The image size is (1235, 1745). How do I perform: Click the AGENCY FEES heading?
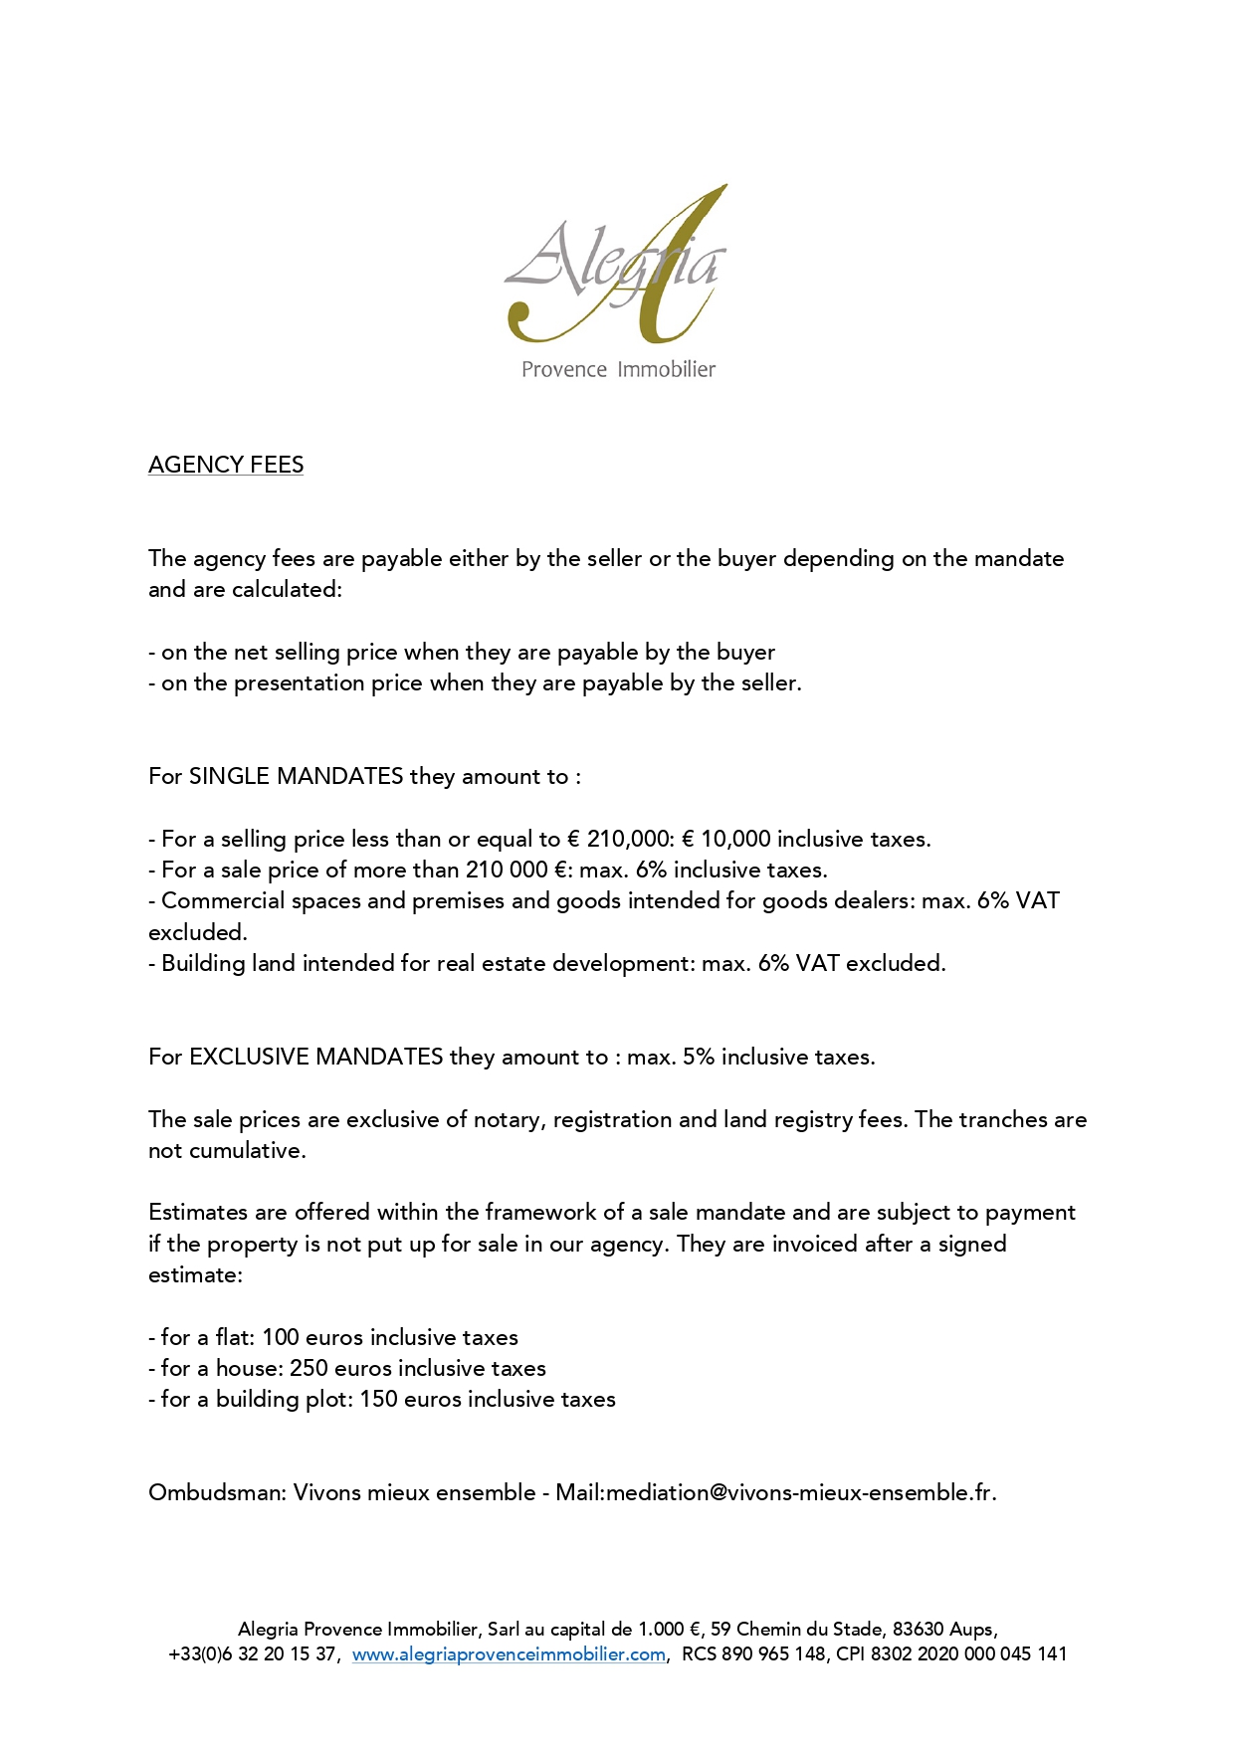pyautogui.click(x=226, y=465)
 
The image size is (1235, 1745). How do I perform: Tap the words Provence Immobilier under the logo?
pyautogui.click(x=618, y=369)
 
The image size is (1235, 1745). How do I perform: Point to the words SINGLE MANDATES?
pyautogui.click(x=296, y=776)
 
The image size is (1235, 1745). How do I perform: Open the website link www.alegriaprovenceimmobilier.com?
pyautogui.click(x=509, y=1654)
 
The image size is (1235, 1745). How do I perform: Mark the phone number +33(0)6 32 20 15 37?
pyautogui.click(x=253, y=1654)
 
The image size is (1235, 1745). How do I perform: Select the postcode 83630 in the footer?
pyautogui.click(x=918, y=1630)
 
